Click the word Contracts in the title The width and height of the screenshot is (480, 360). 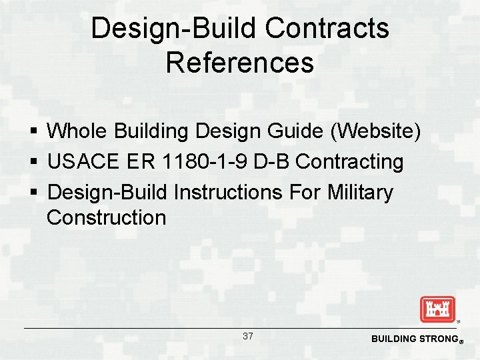[x=327, y=29]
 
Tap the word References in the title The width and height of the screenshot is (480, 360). [x=239, y=63]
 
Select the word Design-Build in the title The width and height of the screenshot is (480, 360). [x=174, y=29]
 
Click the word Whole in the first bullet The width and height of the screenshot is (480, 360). [x=78, y=131]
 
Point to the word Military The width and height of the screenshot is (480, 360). [x=361, y=193]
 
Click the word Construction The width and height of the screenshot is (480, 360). [x=106, y=217]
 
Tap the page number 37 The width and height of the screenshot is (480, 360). [x=247, y=336]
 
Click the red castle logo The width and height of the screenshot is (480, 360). [x=437, y=309]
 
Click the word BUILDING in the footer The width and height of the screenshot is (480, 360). [x=393, y=339]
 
